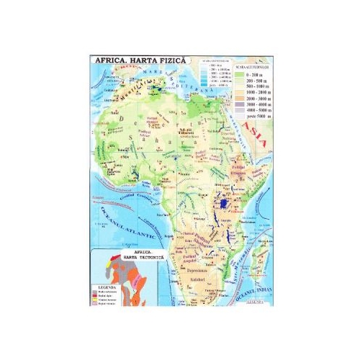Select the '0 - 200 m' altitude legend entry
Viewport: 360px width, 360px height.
point(251,74)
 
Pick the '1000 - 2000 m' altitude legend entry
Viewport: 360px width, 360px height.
point(253,94)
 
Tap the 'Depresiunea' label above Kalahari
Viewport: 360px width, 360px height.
point(196,266)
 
